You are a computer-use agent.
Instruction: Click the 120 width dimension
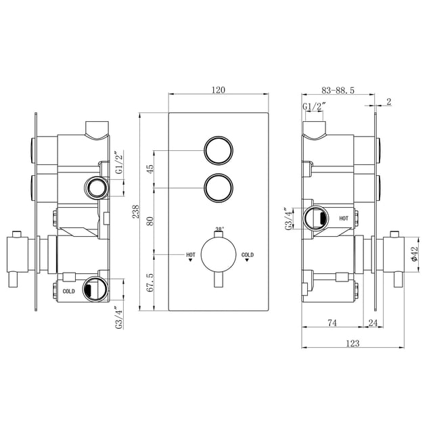[219, 90]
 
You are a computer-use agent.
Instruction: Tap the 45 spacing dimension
[150, 169]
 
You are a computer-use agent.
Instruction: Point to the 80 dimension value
[150, 221]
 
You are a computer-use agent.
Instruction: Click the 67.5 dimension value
[150, 282]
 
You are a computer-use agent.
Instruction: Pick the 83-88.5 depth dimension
[338, 90]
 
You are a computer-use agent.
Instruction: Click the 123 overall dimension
[352, 344]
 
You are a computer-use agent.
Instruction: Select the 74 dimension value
[332, 323]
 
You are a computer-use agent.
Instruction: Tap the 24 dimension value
[373, 323]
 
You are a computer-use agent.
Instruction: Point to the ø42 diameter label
[414, 254]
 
